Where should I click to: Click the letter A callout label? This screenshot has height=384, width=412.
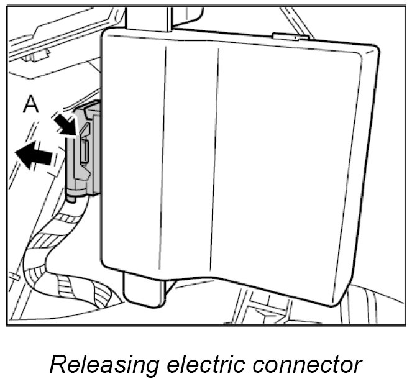pyautogui.click(x=31, y=105)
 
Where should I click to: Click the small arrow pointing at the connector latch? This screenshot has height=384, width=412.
pyautogui.click(x=63, y=121)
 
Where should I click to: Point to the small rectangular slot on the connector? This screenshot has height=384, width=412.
pyautogui.click(x=84, y=153)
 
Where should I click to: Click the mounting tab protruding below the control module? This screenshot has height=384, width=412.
pyautogui.click(x=144, y=291)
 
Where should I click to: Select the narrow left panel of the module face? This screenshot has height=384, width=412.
pyautogui.click(x=134, y=155)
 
